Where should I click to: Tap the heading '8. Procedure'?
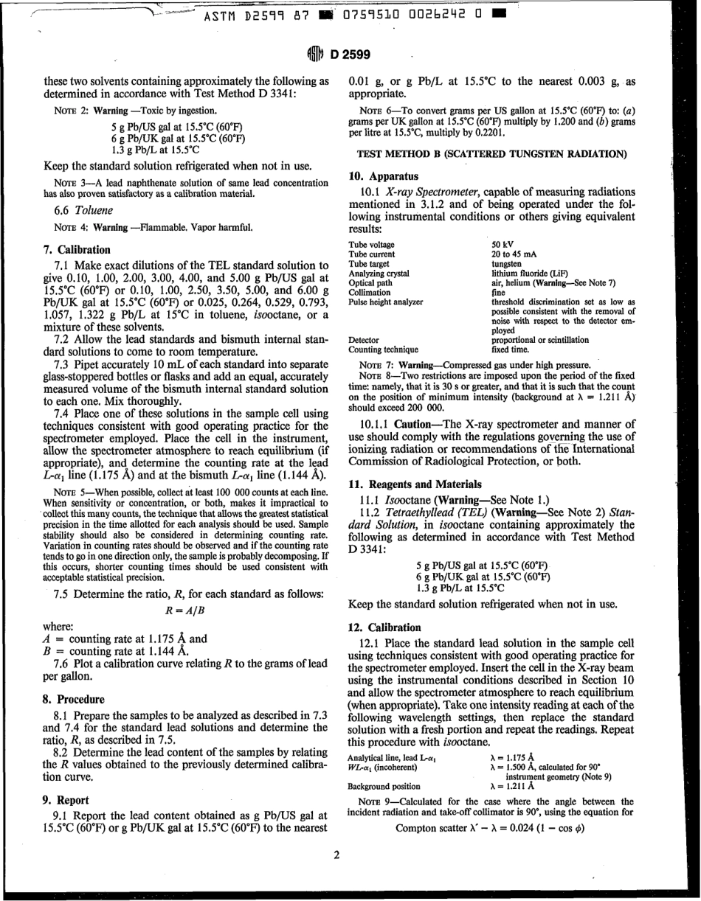74,699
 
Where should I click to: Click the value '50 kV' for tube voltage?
503,245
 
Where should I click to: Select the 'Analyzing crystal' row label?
379,273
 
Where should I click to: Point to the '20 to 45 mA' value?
514,254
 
